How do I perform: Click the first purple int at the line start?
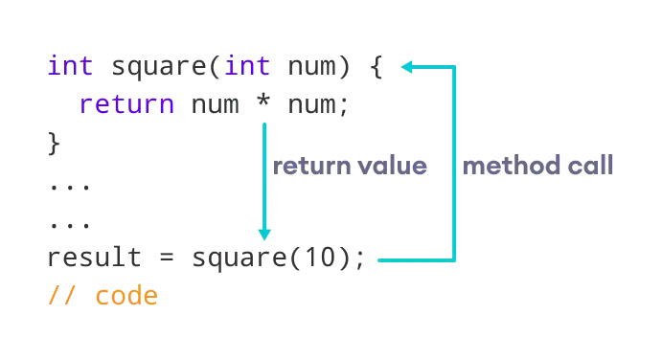tap(69, 66)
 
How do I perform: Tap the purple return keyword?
tap(126, 103)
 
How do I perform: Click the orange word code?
tap(126, 295)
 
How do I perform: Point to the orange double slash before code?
tap(62, 295)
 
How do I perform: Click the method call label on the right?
tap(536, 167)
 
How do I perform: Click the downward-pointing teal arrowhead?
tap(264, 231)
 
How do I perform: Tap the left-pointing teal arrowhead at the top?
tap(407, 66)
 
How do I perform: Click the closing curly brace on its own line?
tap(54, 144)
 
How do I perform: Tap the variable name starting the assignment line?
tap(95, 258)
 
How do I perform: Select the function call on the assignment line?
tap(278, 258)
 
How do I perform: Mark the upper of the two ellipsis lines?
tap(69, 187)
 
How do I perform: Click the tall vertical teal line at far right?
tap(456, 163)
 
